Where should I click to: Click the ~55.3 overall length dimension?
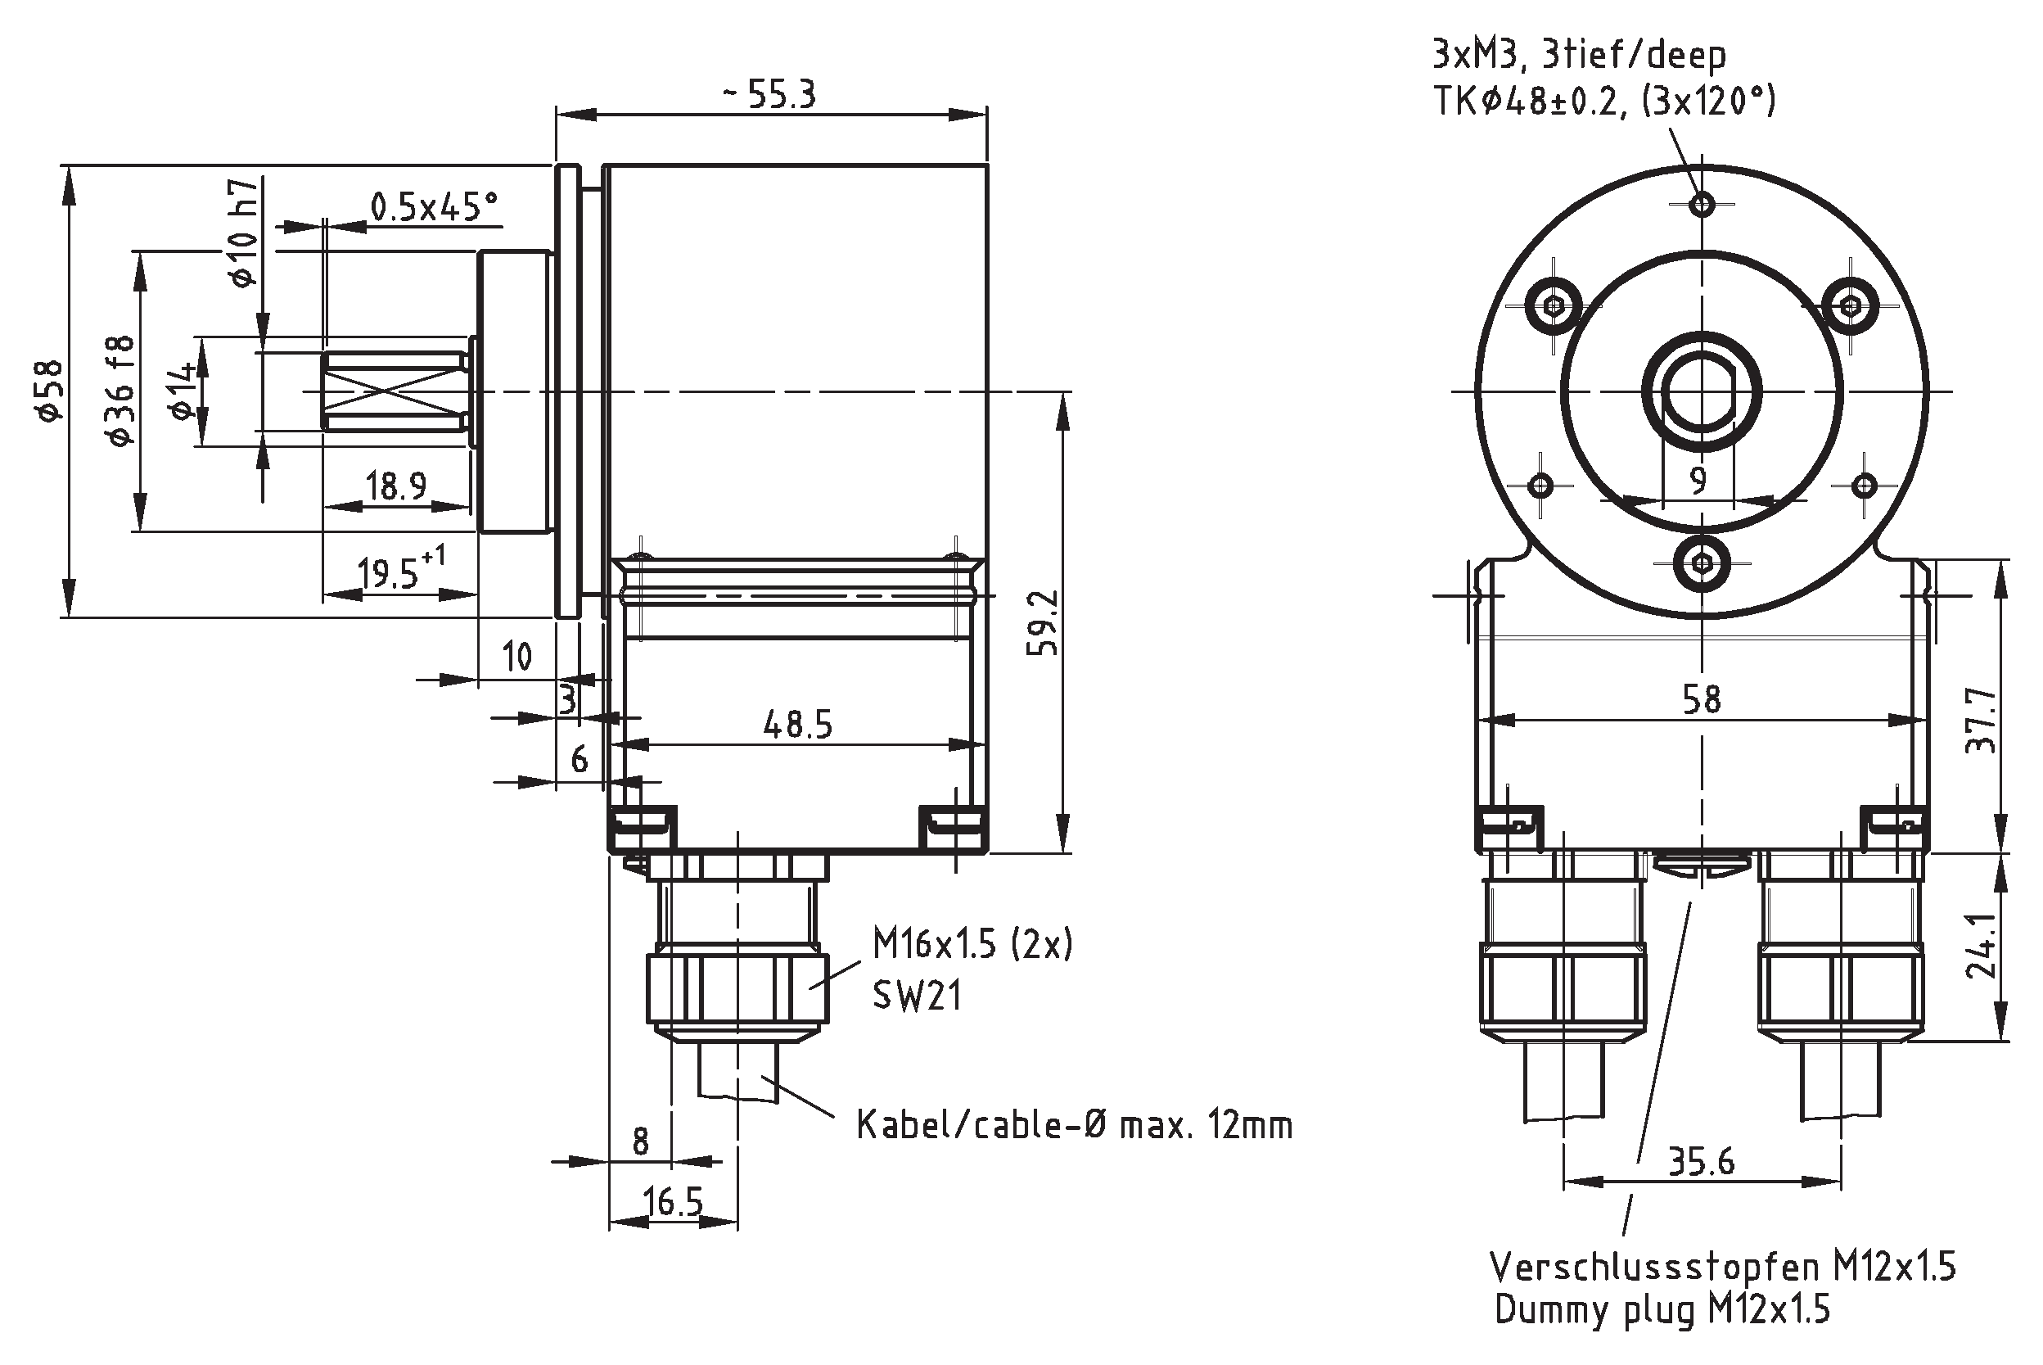770,94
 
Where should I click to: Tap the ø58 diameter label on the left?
51,391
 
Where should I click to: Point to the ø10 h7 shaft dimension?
245,233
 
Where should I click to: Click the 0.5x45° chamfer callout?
434,208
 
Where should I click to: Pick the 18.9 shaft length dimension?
396,486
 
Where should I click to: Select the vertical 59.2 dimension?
1044,622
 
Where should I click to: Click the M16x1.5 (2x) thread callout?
972,945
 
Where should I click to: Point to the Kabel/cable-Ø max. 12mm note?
1075,1126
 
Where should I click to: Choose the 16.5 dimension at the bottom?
673,1202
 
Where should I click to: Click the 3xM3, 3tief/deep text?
1578,56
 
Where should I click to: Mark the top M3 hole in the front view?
1702,206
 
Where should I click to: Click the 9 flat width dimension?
1698,480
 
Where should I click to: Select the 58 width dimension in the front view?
1701,699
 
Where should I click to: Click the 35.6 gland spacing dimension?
1701,1161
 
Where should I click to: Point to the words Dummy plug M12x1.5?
1662,1310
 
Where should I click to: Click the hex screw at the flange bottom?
1702,563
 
